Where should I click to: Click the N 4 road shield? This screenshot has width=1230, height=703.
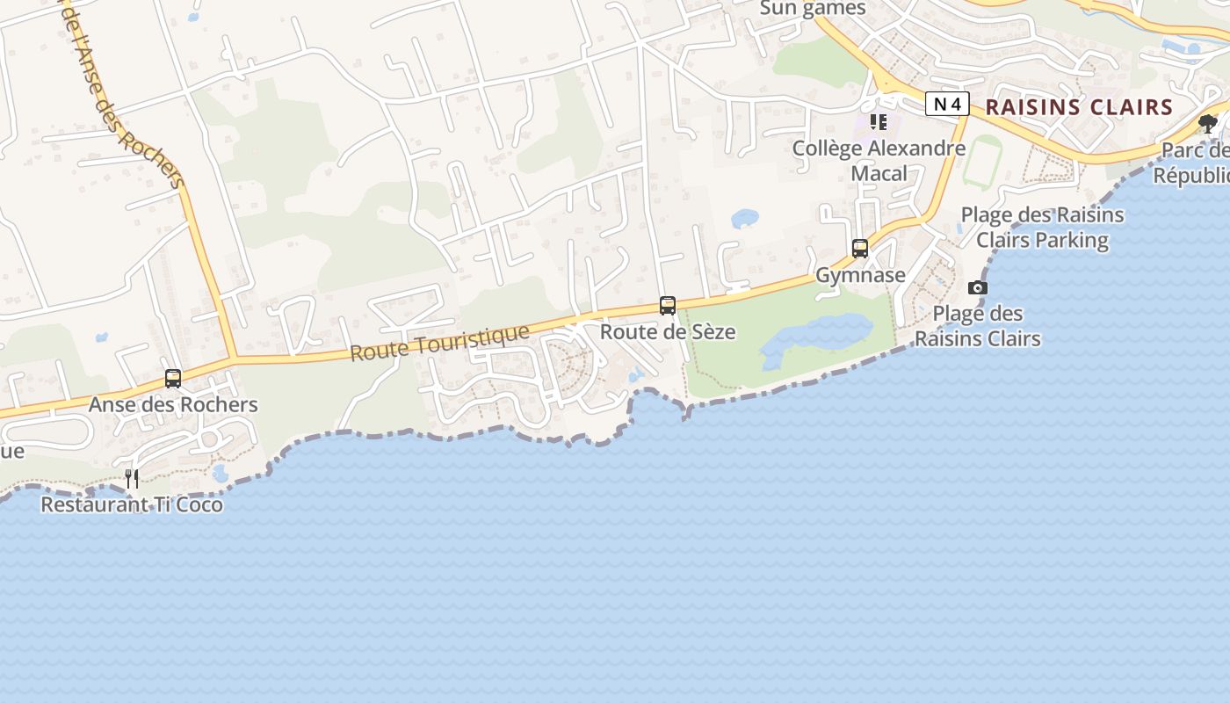coord(946,105)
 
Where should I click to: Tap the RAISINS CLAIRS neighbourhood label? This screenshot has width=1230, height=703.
coord(1079,107)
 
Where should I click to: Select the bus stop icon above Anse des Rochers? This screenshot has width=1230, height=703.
coord(173,379)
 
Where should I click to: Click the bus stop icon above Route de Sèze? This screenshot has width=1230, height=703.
coord(668,306)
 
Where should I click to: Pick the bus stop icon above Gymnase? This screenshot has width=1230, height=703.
coord(859,249)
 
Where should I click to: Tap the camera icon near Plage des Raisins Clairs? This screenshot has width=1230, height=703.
coord(977,287)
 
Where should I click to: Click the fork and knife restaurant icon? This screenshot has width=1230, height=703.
coord(132,478)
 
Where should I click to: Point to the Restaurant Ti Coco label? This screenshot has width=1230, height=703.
coord(132,504)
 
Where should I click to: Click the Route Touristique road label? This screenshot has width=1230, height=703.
coord(440,342)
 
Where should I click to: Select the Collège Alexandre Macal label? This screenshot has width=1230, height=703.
coord(879,160)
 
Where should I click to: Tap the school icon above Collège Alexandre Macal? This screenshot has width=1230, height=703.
coord(879,122)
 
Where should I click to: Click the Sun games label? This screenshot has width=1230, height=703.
coord(813,9)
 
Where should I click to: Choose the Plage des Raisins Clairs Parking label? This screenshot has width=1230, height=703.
coord(1042,227)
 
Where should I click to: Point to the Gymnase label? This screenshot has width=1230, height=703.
coord(860,275)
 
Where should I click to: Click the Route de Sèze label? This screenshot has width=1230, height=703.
coord(668,332)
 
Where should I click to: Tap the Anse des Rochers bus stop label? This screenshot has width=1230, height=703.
coord(173,404)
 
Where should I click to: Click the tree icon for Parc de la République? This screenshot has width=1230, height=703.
coord(1208,123)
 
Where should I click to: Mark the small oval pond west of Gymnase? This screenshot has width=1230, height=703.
coord(744,218)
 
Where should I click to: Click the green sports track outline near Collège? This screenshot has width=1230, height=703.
coord(982,163)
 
